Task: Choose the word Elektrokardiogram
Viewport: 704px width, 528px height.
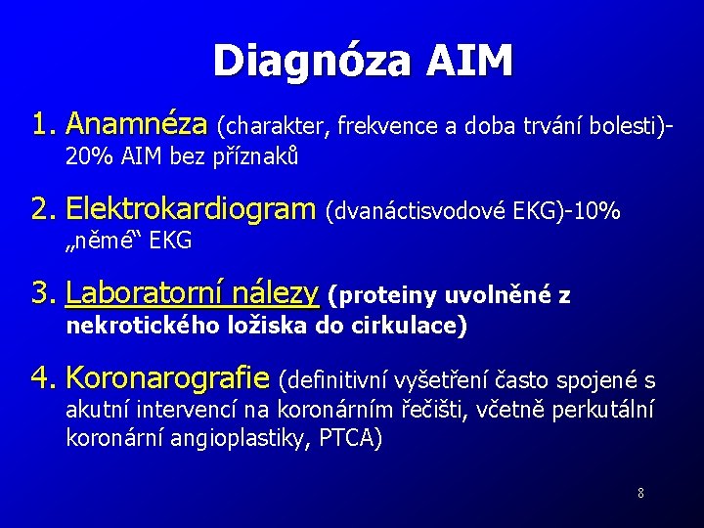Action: coord(191,209)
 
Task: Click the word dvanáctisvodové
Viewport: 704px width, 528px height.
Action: coord(419,211)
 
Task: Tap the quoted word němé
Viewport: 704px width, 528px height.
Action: coord(106,241)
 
